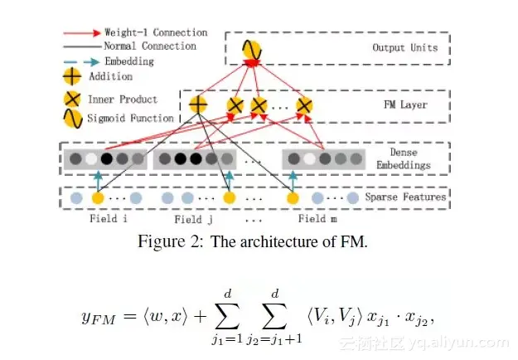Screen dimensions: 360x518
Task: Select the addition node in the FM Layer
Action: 197,105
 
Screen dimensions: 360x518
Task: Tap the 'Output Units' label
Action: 405,47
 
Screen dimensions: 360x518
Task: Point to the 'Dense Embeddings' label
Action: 404,159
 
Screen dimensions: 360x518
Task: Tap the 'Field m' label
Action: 312,219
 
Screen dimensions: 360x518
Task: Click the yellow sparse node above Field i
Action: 97,198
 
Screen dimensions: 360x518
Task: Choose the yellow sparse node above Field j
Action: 230,198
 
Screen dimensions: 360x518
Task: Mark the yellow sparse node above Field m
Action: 293,198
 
